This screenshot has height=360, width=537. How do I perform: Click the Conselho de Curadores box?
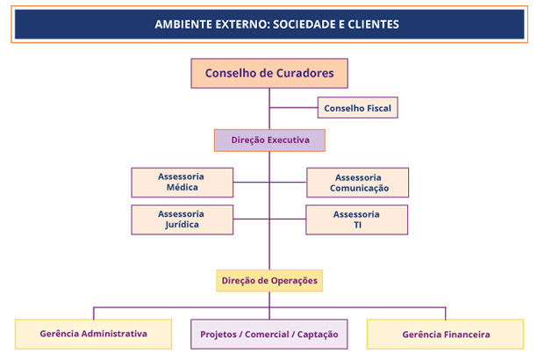click(269, 74)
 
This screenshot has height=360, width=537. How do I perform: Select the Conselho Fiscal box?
click(357, 108)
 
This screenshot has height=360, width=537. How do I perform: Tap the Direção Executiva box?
click(269, 140)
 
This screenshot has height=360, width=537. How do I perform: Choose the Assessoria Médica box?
click(183, 183)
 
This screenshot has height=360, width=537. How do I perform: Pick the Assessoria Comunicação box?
click(357, 183)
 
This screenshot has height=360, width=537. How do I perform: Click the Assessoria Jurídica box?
click(183, 220)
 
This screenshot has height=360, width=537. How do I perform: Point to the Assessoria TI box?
click(357, 220)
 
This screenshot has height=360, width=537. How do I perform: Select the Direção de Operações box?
click(269, 281)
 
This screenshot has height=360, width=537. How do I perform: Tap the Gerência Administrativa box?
click(94, 335)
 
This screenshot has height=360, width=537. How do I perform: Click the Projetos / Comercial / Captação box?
click(269, 335)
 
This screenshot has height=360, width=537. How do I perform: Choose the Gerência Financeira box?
click(445, 335)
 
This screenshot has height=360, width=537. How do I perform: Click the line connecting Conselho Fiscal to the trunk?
click(294, 108)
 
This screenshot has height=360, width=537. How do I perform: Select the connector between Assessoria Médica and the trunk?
click(251, 182)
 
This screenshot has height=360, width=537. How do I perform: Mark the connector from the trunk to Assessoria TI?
click(288, 219)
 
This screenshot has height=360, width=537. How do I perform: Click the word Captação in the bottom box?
click(318, 335)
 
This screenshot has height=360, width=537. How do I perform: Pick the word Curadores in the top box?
click(304, 73)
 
